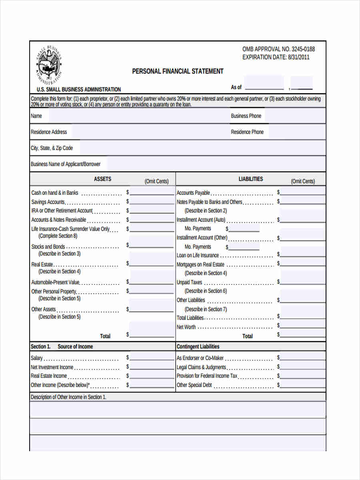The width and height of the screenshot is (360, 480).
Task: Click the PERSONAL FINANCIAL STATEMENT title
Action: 178,71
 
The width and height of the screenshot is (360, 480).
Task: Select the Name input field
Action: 136,116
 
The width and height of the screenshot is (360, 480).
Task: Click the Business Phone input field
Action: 295,116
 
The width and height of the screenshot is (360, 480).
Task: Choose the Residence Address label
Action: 49,132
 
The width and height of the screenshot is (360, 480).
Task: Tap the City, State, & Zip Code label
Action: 52,148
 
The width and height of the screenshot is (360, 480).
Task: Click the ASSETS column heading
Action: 102,179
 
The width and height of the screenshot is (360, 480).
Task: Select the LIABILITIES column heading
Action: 251,179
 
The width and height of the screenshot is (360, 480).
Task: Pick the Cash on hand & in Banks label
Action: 55,193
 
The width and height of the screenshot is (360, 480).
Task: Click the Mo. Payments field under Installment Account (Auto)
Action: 244,229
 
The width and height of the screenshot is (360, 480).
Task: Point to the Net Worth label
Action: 186,327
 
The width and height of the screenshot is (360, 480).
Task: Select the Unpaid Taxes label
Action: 190,282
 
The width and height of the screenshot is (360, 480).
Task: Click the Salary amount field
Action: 152,358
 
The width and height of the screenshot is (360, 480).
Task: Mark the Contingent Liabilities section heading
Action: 198,347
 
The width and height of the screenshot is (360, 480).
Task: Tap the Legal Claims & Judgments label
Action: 201,367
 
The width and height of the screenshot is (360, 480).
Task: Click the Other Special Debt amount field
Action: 303,385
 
